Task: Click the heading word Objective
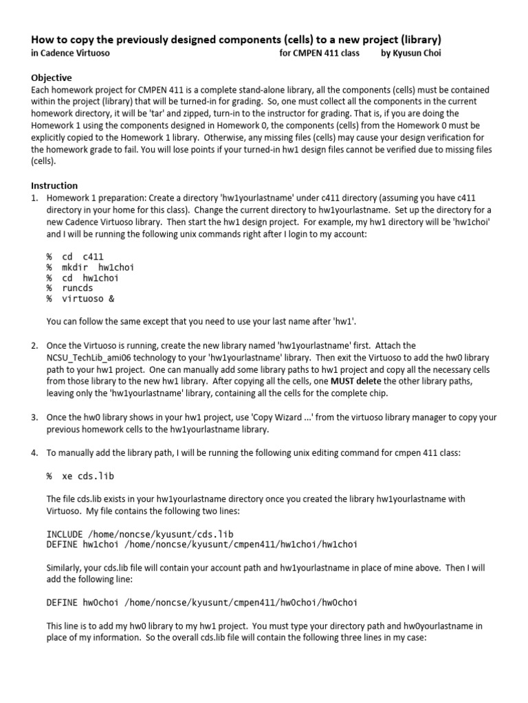coord(52,78)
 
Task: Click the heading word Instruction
coord(54,185)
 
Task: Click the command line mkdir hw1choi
coord(90,268)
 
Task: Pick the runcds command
coord(78,288)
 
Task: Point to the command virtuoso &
coord(86,299)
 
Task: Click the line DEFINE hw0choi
coord(201,602)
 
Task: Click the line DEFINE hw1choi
coord(201,544)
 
